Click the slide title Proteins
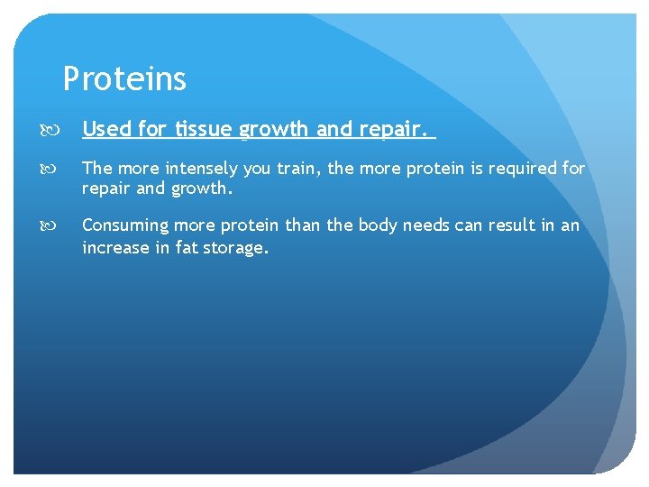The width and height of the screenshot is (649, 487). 124,79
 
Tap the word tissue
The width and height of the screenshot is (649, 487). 203,129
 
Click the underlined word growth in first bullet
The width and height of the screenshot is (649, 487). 274,130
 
